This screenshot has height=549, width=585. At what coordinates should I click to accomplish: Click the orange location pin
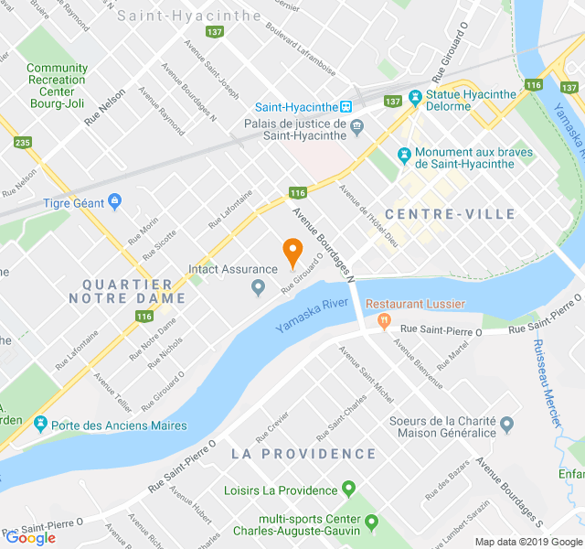292,251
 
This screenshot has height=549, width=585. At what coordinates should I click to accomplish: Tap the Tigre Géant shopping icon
114,201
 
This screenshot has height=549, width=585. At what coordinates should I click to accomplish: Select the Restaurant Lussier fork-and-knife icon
384,320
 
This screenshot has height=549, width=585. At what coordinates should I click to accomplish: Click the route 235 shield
23,143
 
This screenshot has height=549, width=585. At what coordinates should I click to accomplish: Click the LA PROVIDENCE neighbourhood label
303,454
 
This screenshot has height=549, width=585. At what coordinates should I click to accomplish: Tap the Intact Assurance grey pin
258,289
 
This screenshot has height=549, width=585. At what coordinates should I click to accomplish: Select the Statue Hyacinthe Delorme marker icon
415,95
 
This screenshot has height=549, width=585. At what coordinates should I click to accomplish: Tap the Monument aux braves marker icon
404,153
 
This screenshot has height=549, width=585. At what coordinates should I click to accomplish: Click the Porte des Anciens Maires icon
39,425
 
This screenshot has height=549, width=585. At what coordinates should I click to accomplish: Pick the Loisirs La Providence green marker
347,490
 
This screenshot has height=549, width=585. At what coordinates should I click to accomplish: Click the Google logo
30,538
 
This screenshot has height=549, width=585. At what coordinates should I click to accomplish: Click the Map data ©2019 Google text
527,542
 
